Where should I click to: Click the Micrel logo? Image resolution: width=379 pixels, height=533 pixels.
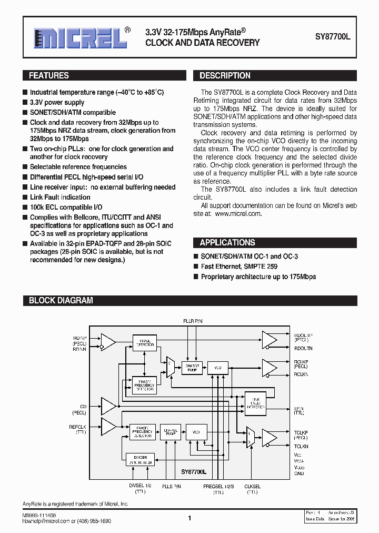76,38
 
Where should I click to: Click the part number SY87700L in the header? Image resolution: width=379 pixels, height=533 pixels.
336,38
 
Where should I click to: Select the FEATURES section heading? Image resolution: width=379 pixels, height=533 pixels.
49,76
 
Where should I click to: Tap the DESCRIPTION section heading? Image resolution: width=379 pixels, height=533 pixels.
225,76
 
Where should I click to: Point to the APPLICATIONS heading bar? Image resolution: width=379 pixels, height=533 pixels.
227,243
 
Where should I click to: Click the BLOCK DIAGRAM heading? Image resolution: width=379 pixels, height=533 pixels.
61,301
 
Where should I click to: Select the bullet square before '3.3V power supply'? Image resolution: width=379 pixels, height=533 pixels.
25,103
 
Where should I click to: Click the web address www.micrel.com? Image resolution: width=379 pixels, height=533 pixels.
238,214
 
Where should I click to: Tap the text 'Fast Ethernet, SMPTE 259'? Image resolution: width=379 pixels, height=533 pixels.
239,266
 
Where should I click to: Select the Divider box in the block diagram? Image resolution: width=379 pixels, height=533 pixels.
141,459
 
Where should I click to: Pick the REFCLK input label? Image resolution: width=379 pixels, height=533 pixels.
77,427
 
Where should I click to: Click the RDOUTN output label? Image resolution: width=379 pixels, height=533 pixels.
303,348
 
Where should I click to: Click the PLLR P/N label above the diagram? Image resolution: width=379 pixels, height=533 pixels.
192,321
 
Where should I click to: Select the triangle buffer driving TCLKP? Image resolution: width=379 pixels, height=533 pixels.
269,437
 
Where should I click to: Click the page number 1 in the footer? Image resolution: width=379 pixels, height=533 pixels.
189,518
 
